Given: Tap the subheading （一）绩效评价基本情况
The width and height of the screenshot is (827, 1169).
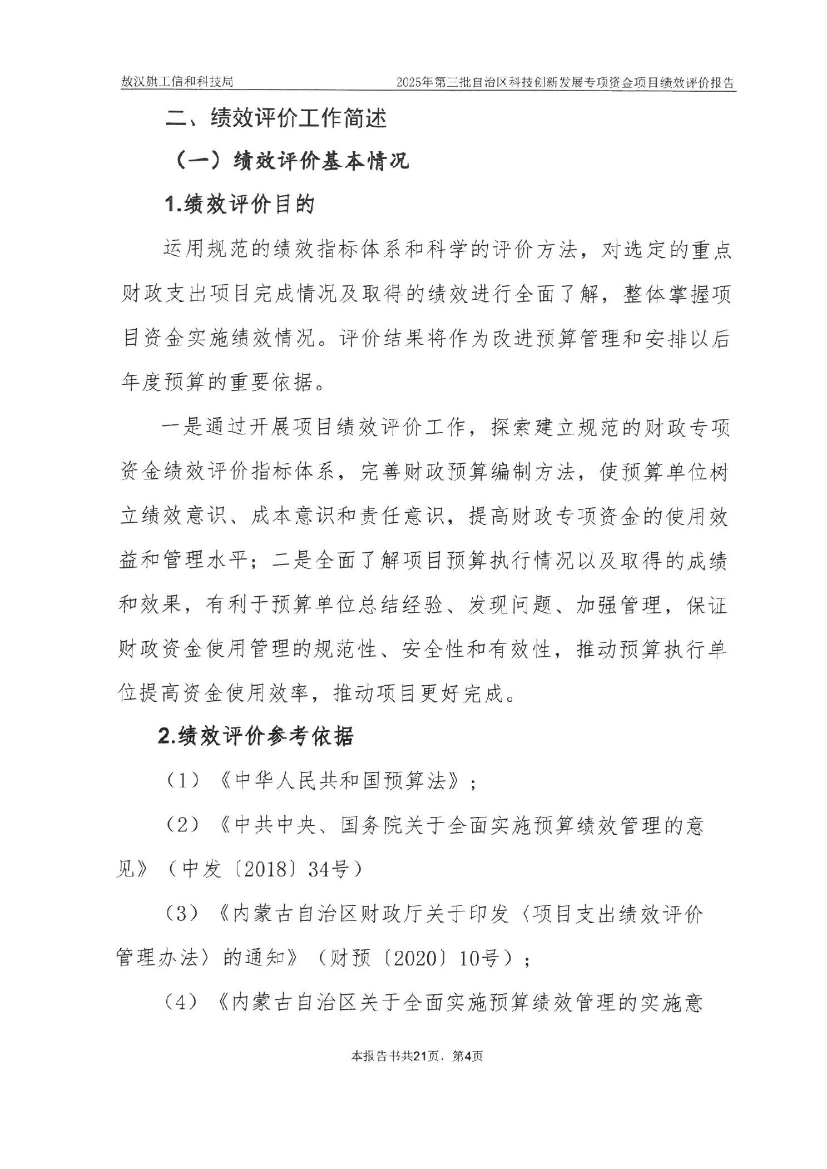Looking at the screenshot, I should [293, 161].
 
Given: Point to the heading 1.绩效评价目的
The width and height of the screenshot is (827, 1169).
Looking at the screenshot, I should [240, 205].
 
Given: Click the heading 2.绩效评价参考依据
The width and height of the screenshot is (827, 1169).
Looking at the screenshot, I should [256, 736].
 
